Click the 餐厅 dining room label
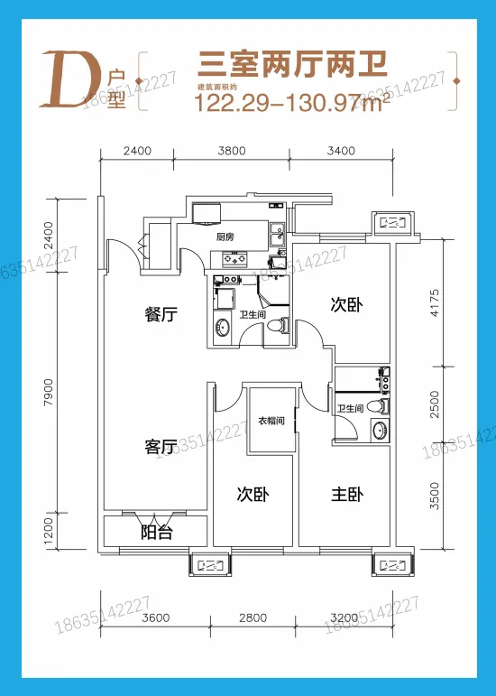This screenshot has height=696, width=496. click(x=161, y=314)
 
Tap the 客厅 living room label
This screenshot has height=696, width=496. click(x=161, y=446)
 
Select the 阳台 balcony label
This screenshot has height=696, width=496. click(x=157, y=533)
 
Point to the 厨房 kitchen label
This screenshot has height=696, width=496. click(x=225, y=237)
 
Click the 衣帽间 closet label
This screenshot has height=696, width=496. click(x=271, y=421)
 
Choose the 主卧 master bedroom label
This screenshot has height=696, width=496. click(x=347, y=495)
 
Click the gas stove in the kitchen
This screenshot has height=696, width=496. click(x=234, y=257)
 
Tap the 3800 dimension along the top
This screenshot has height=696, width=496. click(x=232, y=151)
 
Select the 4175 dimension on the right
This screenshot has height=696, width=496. click(x=435, y=302)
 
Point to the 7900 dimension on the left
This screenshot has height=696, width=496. click(x=49, y=392)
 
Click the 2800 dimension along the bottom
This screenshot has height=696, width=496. click(x=253, y=617)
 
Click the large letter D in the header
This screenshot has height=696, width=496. click(x=71, y=80)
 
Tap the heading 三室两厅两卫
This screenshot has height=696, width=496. click(x=292, y=65)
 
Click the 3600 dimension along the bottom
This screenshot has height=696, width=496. click(x=156, y=617)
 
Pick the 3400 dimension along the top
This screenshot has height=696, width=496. click(x=341, y=151)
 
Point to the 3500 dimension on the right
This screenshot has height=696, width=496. click(x=435, y=496)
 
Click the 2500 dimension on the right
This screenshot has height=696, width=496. click(x=435, y=404)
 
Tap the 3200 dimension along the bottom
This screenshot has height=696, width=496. click(x=344, y=617)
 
